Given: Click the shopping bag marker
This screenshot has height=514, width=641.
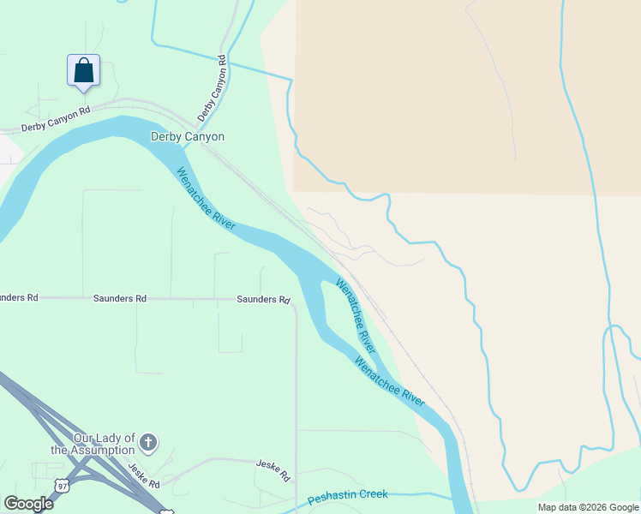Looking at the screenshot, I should click(83, 70).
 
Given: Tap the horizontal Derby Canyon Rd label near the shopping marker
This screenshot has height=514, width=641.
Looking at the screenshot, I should click(56, 119).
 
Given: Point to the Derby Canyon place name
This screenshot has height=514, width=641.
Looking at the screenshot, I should click(188, 136).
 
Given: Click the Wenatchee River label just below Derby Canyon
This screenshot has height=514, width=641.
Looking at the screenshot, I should click(206, 198).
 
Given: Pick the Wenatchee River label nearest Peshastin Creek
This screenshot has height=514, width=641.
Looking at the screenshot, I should click(390, 381).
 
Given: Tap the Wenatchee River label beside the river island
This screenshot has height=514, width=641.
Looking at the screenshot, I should click(356, 315).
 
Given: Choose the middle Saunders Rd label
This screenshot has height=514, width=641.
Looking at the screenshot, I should click(119, 299).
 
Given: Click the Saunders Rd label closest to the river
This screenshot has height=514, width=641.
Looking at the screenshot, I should click(263, 300).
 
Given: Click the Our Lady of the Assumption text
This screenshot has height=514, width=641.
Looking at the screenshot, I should click(93, 444).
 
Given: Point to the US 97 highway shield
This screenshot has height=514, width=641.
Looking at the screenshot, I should click(61, 486).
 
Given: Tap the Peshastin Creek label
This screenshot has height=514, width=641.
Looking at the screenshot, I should click(347, 495).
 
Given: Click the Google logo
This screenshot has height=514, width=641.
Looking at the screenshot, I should click(28, 503).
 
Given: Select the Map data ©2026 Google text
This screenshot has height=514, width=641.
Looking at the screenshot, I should click(588, 507).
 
